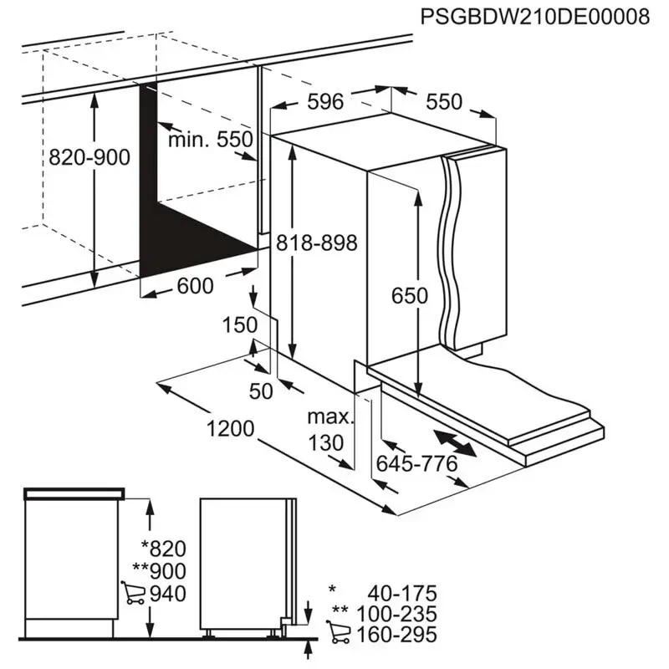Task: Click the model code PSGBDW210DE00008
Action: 535,17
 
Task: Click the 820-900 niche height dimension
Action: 89,157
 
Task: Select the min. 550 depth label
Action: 211,140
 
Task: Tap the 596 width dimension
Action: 325,101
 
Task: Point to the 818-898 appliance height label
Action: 317,243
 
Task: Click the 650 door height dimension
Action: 410,296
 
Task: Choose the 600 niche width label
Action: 195,286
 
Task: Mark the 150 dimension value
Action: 240,325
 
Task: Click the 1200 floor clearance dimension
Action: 231,428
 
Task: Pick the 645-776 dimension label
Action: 416,464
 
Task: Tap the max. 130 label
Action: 329,430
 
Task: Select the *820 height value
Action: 164,549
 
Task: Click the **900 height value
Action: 159,571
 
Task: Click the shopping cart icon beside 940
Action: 133,593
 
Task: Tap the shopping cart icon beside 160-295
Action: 339,632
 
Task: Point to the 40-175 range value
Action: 402,594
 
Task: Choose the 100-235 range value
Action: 396,615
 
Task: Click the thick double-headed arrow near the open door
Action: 455,444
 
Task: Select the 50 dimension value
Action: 261,391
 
